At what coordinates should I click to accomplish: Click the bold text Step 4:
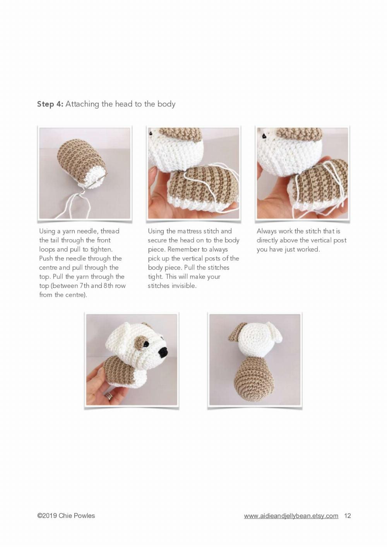(50, 104)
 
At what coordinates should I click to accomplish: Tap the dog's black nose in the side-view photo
(164, 352)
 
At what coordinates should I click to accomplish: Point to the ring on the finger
(110, 396)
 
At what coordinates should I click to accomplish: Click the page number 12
(347, 516)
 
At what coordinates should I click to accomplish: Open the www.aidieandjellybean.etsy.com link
(291, 516)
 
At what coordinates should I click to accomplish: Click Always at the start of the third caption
(267, 231)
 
